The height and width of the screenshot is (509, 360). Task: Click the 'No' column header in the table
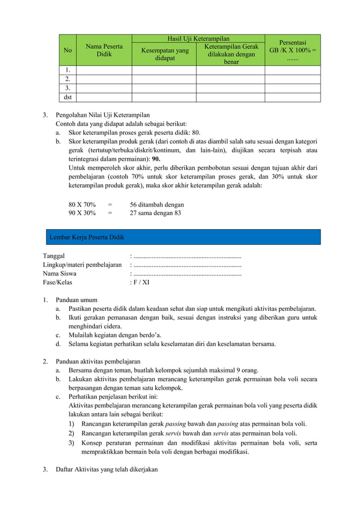pos(68,50)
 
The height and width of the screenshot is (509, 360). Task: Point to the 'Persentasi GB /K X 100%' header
pos(292,50)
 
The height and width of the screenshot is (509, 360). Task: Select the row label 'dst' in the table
pos(68,97)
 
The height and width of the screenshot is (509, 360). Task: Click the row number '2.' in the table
pos(68,79)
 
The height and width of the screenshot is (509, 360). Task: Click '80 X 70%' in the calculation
pos(82,204)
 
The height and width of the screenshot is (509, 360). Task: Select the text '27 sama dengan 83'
pos(155,213)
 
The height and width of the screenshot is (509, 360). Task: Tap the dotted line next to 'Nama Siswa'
pos(187,274)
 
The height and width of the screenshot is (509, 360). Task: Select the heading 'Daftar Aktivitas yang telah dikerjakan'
pos(107,469)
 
